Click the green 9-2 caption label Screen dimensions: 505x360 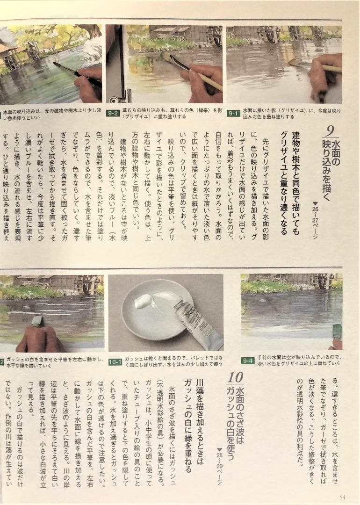[x=113, y=113]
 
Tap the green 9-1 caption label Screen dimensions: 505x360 [x=233, y=113]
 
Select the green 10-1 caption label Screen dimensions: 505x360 [x=115, y=361]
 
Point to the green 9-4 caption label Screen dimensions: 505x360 [x=248, y=361]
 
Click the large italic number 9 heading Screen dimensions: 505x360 [x=329, y=130]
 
